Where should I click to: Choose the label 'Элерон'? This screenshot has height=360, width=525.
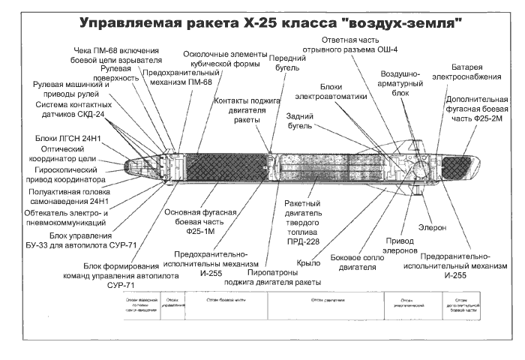coord(431,226)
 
